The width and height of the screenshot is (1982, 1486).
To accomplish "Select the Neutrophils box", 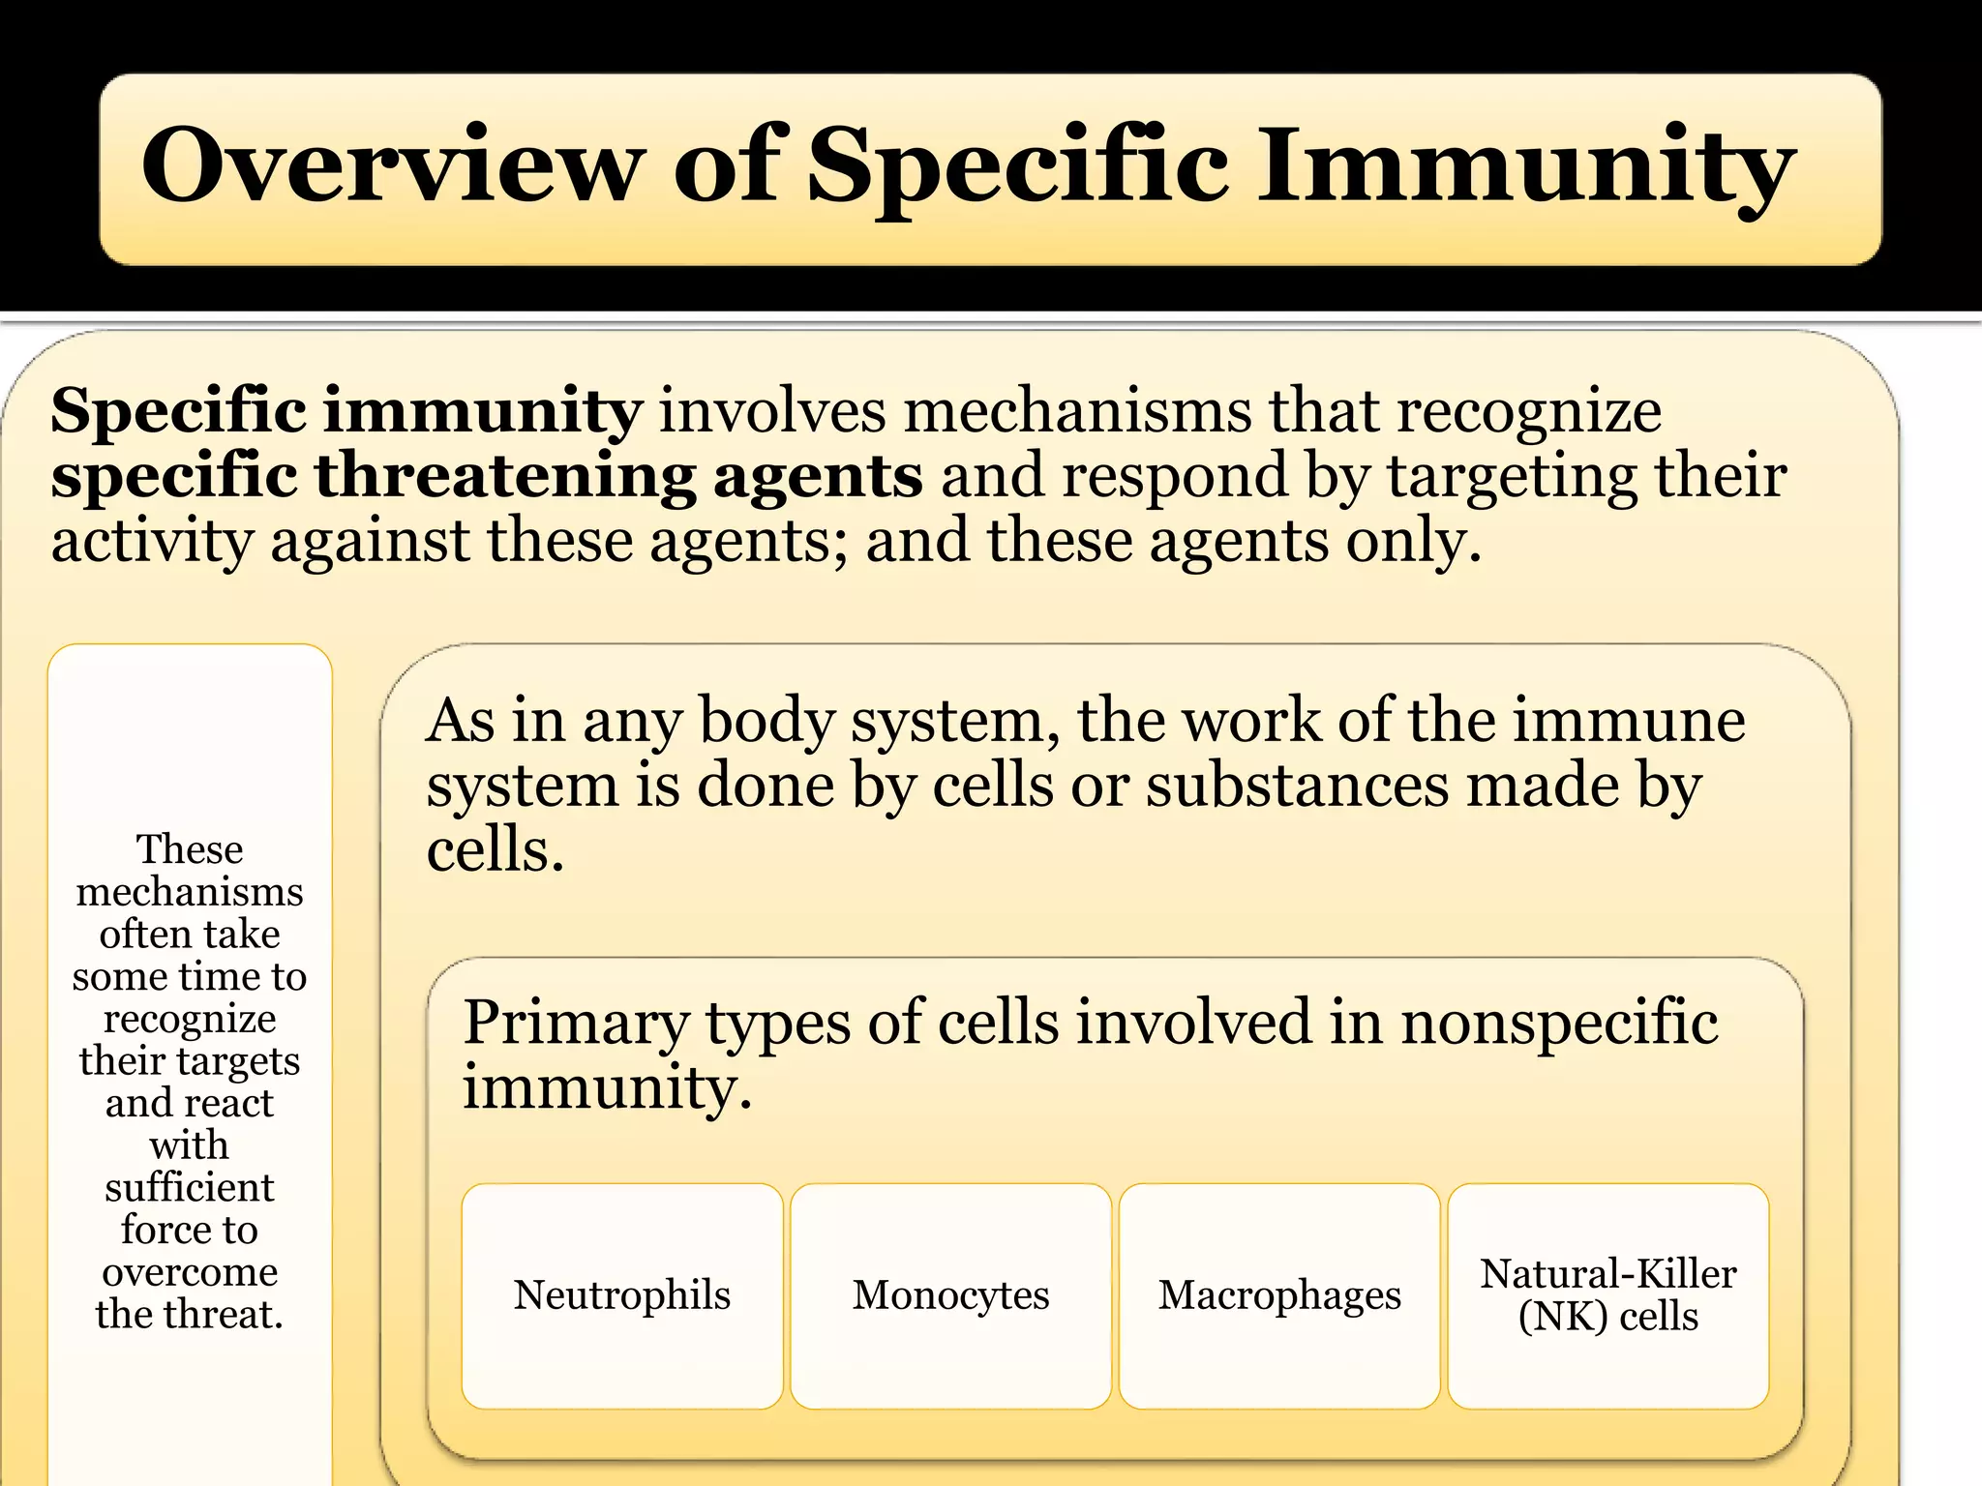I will pos(621,1295).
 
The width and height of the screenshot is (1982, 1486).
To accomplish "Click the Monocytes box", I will pos(950,1295).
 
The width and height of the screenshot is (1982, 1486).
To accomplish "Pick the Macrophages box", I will pos(1279,1295).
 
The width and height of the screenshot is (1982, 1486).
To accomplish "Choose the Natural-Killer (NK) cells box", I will pos(1607,1295).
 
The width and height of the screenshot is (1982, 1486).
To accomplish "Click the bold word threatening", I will pos(503,476).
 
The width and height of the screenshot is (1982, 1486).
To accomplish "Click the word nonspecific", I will pos(1559,1024).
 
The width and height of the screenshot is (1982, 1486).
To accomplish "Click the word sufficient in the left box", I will pos(190,1187).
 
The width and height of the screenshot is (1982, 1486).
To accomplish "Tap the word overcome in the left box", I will pos(190,1271).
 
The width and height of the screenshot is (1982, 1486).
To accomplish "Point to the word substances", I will pos(1297,786).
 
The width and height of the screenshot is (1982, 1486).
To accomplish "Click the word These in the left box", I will pos(190,849).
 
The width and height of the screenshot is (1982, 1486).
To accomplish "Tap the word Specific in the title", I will pos(1018,166).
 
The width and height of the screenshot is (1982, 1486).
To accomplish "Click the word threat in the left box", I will pos(222,1314).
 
